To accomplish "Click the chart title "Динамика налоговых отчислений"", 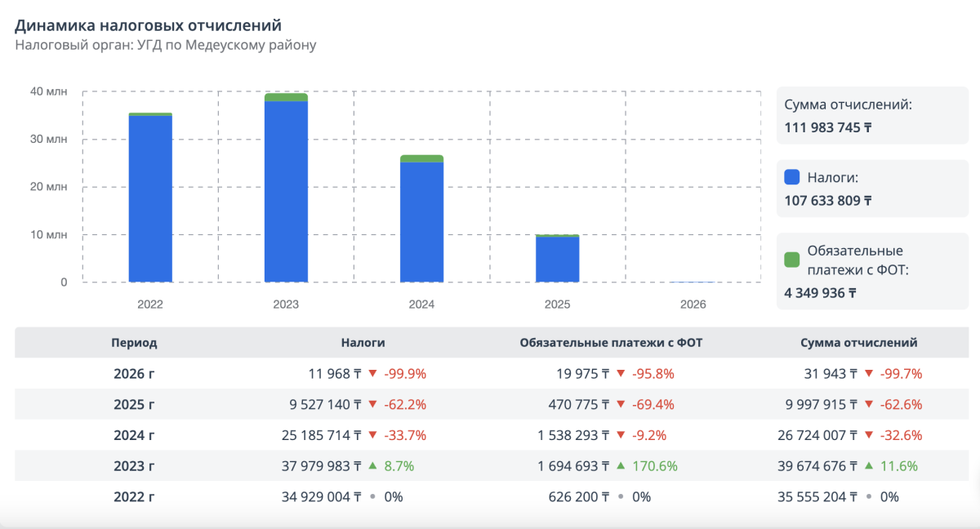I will coord(154,26).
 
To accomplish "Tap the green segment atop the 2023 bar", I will coord(286,97).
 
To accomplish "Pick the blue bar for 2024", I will coord(421,222).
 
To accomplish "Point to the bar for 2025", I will coord(557,260).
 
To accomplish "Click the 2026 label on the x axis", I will coord(693,305).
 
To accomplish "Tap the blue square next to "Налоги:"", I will coord(791,176).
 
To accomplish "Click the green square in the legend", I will coord(791,260).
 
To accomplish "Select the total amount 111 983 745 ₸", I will coord(827,127).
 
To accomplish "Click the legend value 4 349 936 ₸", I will coord(820,292).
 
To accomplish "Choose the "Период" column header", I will coord(134,343).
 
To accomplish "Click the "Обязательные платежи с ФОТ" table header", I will coord(611,343).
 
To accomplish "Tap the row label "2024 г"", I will coord(134,435).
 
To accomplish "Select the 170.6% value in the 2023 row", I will coord(654,466).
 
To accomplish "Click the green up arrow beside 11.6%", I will coord(866,466).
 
